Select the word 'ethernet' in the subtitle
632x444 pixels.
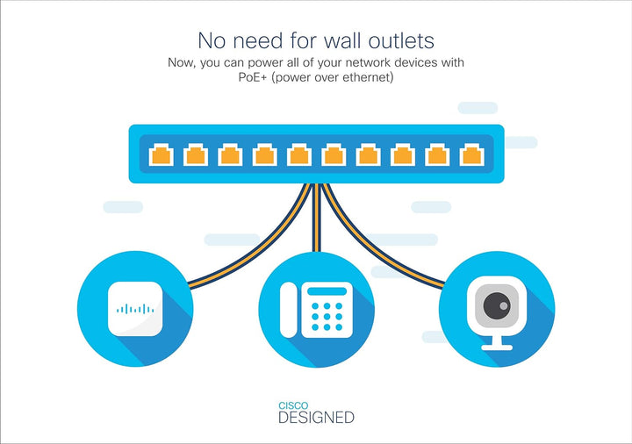coord(364,78)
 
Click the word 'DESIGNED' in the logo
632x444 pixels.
coord(316,418)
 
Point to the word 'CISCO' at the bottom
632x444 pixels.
coord(292,405)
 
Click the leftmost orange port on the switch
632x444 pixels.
coord(161,155)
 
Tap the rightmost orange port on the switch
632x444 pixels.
coord(472,155)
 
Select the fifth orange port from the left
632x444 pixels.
coord(299,155)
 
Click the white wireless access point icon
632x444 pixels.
coord(135,309)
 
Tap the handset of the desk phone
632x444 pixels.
coord(289,310)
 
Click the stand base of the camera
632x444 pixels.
coord(497,347)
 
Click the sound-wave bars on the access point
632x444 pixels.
coord(135,309)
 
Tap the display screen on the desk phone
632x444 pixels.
coord(327,290)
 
